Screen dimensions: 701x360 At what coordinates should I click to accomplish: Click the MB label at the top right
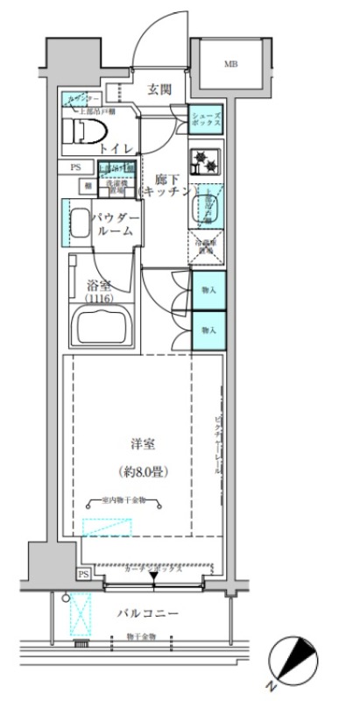(x=229, y=64)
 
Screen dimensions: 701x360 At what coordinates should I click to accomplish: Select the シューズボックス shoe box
(x=208, y=117)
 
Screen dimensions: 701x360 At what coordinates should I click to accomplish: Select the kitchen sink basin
(x=208, y=205)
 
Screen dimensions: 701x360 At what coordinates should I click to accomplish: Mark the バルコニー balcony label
(x=148, y=613)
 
